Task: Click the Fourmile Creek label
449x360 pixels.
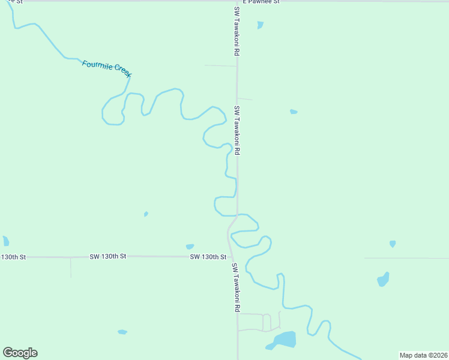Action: pos(106,68)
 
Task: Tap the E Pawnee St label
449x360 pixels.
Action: pos(261,2)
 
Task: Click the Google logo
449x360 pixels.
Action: pos(20,353)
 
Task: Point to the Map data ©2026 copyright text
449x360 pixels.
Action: pos(423,355)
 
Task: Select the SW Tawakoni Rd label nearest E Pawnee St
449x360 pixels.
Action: pos(237,31)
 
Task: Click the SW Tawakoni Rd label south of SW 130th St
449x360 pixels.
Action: pos(237,287)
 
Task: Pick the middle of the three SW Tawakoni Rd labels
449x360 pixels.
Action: pos(237,131)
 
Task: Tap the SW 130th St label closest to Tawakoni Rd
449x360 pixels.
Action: pos(208,257)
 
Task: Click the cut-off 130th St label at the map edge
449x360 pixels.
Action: pos(13,257)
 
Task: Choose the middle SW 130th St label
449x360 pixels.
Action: pos(108,256)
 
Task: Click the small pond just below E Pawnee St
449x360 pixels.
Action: pos(260,25)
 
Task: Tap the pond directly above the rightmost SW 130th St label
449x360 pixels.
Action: pos(190,247)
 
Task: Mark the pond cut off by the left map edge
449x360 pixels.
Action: pos(5,241)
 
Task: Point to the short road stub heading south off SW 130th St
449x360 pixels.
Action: pos(71,267)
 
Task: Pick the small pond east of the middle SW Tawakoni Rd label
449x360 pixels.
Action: pos(294,112)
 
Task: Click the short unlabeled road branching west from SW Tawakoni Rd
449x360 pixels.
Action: pos(220,65)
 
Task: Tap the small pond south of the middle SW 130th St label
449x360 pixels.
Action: pos(122,332)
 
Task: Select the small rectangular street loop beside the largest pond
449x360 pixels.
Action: pos(267,322)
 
